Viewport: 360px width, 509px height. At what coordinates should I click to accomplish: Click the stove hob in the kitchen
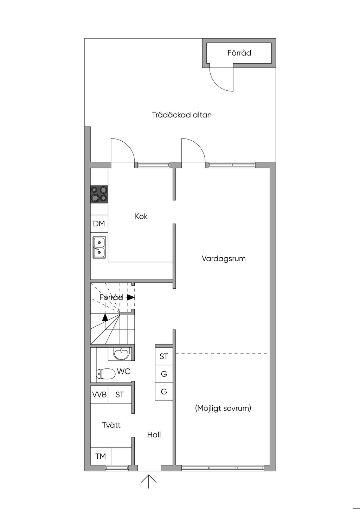(x=99, y=194)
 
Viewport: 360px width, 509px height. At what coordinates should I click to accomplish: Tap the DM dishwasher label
(x=99, y=224)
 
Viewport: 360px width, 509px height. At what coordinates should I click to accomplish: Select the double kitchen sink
(x=99, y=247)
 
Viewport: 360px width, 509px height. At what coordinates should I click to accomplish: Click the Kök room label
(x=141, y=216)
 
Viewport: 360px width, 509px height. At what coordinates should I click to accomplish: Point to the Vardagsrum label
(x=224, y=259)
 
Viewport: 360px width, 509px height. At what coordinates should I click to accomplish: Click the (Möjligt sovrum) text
(x=223, y=408)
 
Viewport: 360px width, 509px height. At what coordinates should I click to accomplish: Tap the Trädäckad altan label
(x=182, y=115)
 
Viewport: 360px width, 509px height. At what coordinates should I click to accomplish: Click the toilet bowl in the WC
(x=106, y=374)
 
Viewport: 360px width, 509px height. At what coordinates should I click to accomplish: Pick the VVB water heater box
(x=99, y=394)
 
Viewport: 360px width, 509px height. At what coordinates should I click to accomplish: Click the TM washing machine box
(x=101, y=456)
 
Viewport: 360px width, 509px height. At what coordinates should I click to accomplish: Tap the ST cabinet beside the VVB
(x=120, y=394)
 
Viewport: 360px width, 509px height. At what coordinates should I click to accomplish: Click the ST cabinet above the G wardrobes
(x=164, y=356)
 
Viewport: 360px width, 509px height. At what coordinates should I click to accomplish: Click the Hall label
(x=154, y=435)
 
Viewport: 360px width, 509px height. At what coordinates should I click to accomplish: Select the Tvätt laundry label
(x=111, y=425)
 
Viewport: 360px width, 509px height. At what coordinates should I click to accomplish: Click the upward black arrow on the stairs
(x=105, y=317)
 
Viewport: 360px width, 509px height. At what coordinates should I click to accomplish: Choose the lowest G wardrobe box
(x=164, y=392)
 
